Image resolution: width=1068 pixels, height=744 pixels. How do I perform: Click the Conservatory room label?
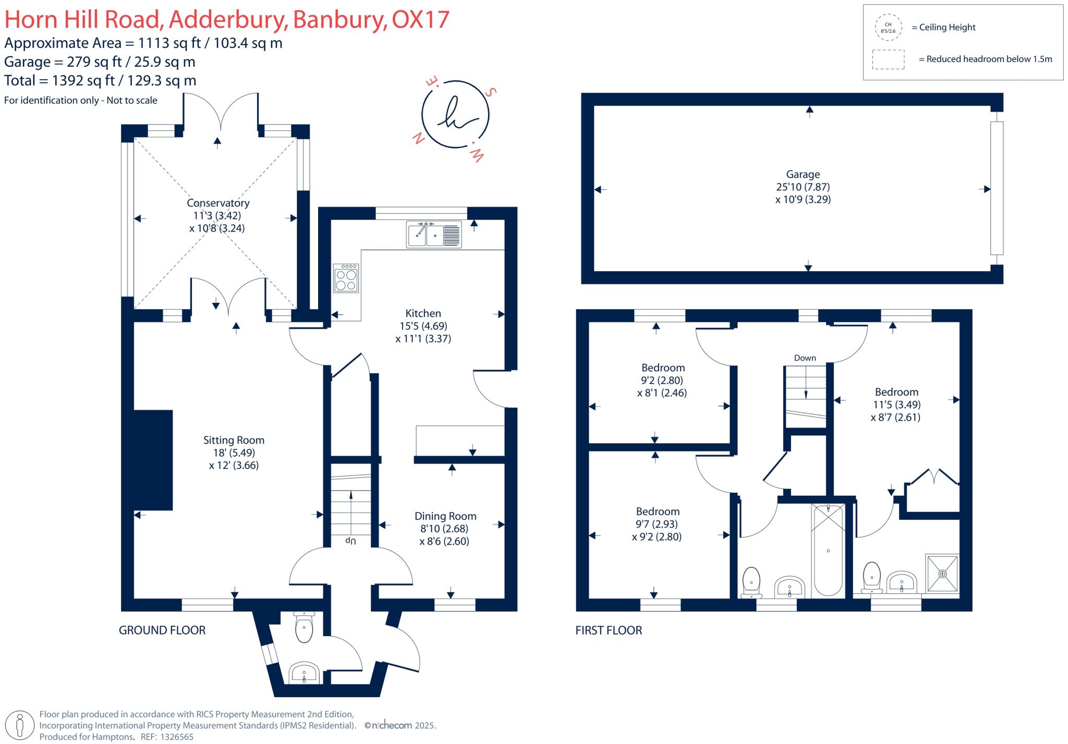tap(218, 203)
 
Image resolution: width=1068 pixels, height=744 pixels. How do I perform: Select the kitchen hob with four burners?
tap(346, 278)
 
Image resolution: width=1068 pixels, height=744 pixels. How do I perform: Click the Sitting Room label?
tap(234, 440)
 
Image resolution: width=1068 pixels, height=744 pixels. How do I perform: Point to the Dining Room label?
tap(445, 516)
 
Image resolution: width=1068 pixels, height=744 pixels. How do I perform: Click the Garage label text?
tap(803, 175)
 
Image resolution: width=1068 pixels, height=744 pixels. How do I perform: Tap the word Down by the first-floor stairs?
tap(805, 358)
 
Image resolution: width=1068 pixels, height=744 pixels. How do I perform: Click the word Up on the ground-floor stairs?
tap(350, 541)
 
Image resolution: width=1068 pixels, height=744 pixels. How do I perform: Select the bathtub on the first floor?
tap(828, 550)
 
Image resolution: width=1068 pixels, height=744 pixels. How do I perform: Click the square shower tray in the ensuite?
tap(942, 574)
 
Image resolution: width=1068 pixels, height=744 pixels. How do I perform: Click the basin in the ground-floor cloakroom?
tap(305, 673)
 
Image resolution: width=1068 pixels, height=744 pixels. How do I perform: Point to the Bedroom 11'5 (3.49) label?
tap(896, 392)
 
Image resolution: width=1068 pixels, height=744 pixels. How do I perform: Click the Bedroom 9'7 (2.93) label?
tap(658, 511)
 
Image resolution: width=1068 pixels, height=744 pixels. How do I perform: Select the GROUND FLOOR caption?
tap(162, 630)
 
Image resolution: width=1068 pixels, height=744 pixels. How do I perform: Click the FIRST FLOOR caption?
tap(609, 630)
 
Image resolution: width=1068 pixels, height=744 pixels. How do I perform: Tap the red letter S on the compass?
tap(491, 92)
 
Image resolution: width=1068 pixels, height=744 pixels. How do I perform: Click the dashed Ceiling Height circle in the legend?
tap(888, 28)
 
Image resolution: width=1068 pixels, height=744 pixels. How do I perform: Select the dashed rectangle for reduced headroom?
tap(888, 59)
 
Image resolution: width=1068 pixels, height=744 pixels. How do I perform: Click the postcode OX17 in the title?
tap(420, 20)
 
